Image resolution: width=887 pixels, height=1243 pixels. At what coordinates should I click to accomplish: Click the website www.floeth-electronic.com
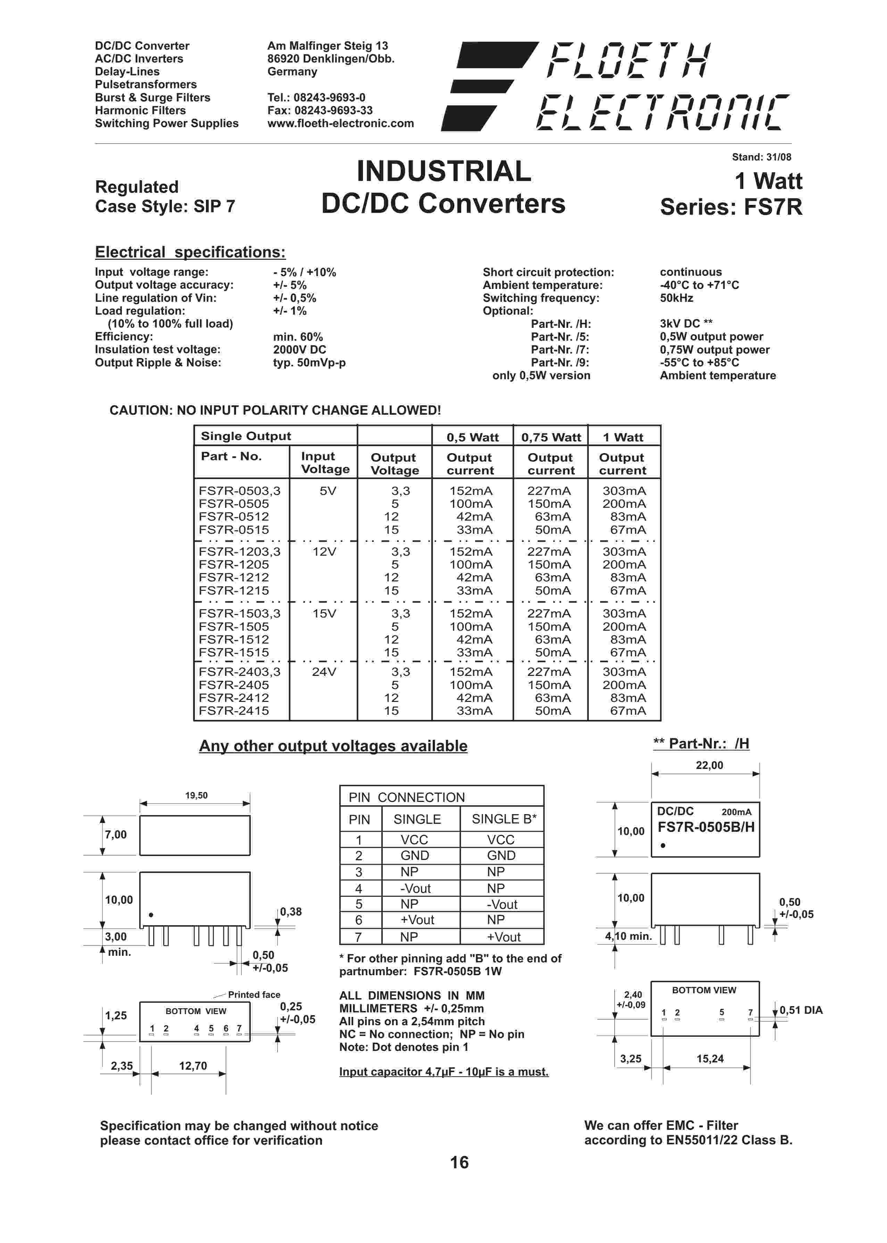[340, 123]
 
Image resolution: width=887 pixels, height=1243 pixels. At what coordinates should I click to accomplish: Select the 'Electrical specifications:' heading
[190, 252]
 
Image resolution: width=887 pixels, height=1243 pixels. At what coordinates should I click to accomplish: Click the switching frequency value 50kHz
[676, 298]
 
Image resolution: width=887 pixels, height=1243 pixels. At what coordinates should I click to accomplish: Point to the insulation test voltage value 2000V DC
[299, 349]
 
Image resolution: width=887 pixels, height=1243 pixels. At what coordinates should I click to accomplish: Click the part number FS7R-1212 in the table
[234, 577]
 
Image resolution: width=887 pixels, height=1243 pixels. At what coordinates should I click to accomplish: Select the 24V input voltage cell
[324, 672]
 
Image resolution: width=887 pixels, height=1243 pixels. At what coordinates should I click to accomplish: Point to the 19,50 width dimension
[196, 796]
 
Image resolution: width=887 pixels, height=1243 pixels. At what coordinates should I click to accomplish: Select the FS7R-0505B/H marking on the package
[706, 827]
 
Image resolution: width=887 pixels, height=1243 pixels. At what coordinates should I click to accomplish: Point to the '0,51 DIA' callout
[801, 1010]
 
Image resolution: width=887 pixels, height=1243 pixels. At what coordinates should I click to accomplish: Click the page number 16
[459, 1162]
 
